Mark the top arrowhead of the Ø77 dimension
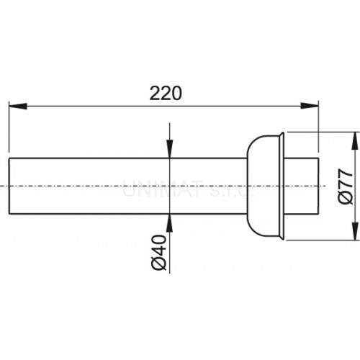tap(353, 138)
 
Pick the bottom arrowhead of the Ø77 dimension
tap(353, 235)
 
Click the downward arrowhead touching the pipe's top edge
tap(168, 152)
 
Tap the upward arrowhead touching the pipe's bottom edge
tap(168, 219)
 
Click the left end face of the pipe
tap(9, 186)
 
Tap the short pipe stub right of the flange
tap(302, 186)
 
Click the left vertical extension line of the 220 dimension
tap(9, 130)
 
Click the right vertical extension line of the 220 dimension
tap(318, 130)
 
